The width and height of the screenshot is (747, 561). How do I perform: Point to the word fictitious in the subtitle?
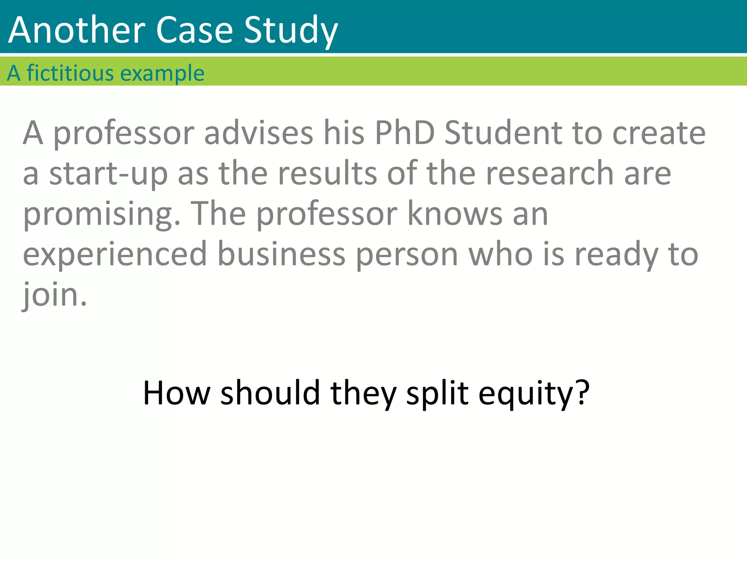point(70,73)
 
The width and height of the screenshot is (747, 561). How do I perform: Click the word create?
point(659,133)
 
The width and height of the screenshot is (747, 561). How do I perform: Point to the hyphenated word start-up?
point(108,174)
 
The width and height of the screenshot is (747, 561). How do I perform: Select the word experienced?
point(115,255)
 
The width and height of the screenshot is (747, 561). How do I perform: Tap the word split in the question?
point(437,394)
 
